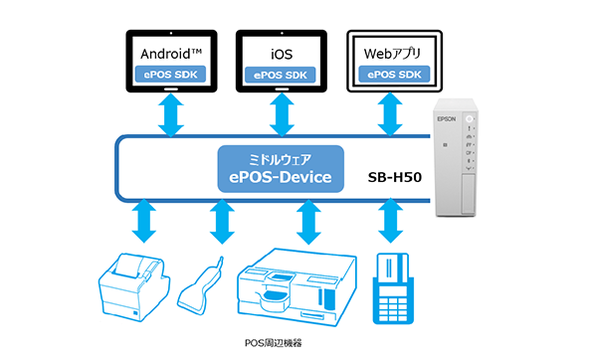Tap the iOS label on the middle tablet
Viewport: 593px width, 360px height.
[x=283, y=51]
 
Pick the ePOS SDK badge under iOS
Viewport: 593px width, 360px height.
[x=283, y=74]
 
